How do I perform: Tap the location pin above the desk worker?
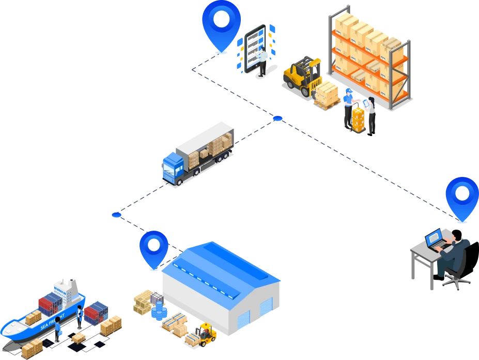click(x=462, y=197)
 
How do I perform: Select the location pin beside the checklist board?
click(x=221, y=22)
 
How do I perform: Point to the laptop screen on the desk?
click(x=434, y=238)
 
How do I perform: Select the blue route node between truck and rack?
click(x=278, y=119)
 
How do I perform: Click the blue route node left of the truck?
click(x=116, y=214)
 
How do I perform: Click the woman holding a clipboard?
click(x=370, y=114)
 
